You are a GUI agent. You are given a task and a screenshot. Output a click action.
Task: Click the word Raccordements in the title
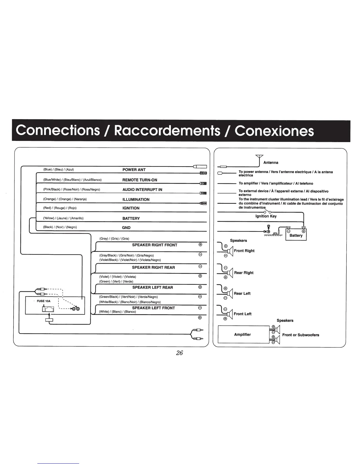pos(166,130)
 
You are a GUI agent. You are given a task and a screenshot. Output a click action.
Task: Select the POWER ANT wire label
pos(134,170)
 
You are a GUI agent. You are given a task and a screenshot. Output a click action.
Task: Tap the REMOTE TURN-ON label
pos(140,180)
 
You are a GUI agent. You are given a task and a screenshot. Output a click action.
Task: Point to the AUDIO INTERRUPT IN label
pos(142,190)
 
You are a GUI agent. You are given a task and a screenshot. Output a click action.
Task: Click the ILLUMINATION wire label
pos(136,199)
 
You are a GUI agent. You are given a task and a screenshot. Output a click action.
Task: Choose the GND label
pos(126,228)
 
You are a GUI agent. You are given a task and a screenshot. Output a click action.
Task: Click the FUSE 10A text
pos(44,301)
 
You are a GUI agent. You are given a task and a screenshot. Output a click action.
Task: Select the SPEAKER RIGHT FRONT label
pos(155,245)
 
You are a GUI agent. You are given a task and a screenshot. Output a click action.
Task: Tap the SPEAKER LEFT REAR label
pos(153,287)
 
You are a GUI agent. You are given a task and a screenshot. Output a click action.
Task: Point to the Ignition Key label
pos(266,216)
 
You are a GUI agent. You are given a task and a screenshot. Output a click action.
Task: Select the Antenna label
pos(271,163)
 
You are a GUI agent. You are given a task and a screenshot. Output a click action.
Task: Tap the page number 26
pos(179,353)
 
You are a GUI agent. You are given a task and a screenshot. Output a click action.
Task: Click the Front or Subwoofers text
pos(301,335)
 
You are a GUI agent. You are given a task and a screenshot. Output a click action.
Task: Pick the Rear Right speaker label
pos(244,273)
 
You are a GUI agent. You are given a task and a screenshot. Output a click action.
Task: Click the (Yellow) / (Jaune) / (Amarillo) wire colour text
pos(63,218)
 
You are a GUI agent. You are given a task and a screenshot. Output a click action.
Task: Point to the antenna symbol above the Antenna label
pos(259,157)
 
